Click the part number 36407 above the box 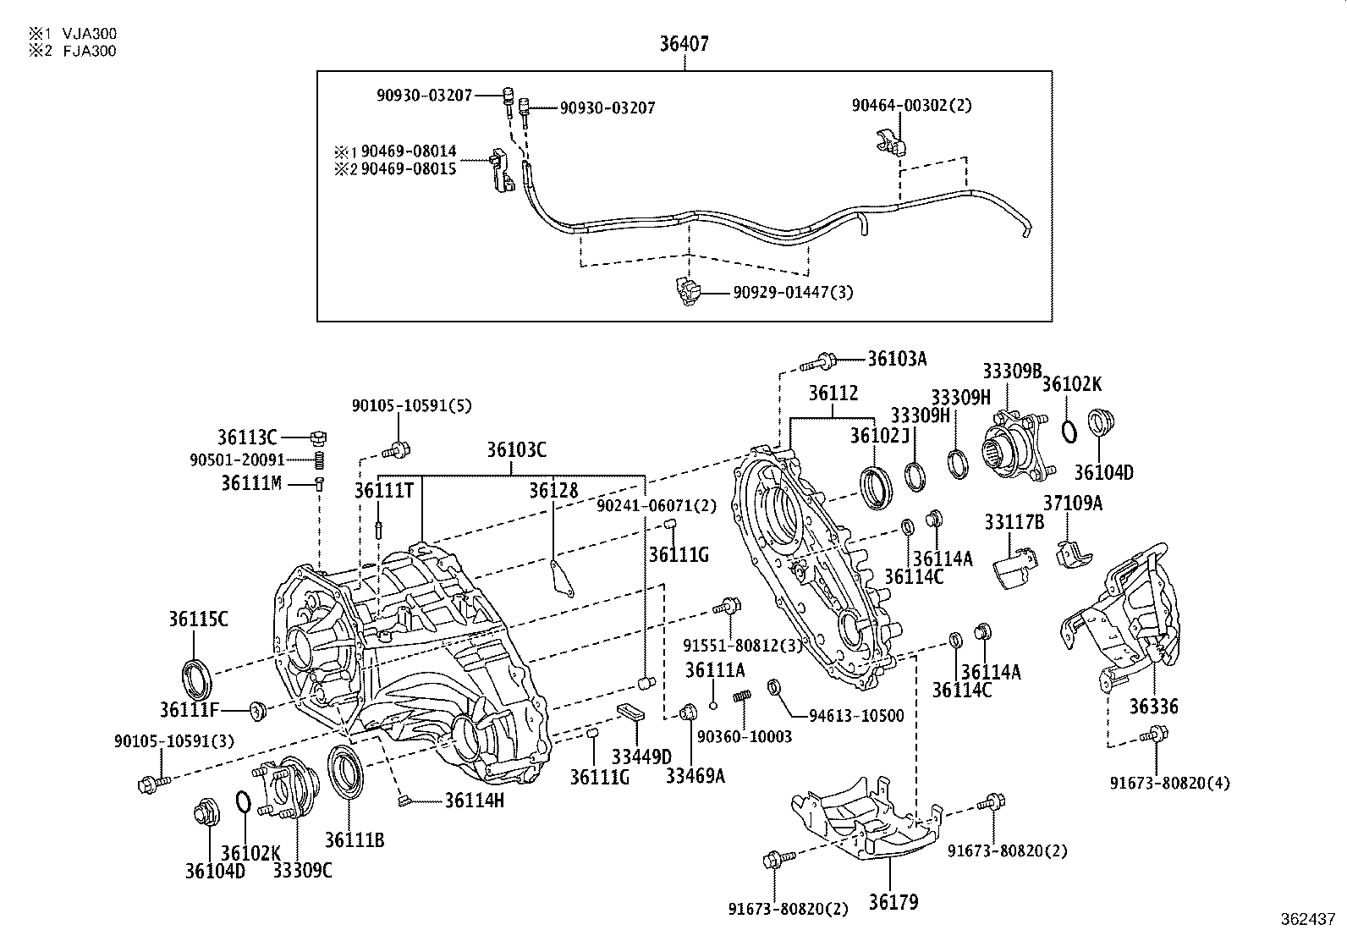click(x=684, y=44)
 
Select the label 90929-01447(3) click(x=793, y=293)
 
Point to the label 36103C click(x=515, y=450)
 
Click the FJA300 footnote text click(x=89, y=51)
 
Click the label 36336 click(x=1153, y=707)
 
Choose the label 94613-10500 click(x=856, y=716)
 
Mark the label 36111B click(x=355, y=839)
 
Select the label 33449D click(x=641, y=756)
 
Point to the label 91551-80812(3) click(x=742, y=647)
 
